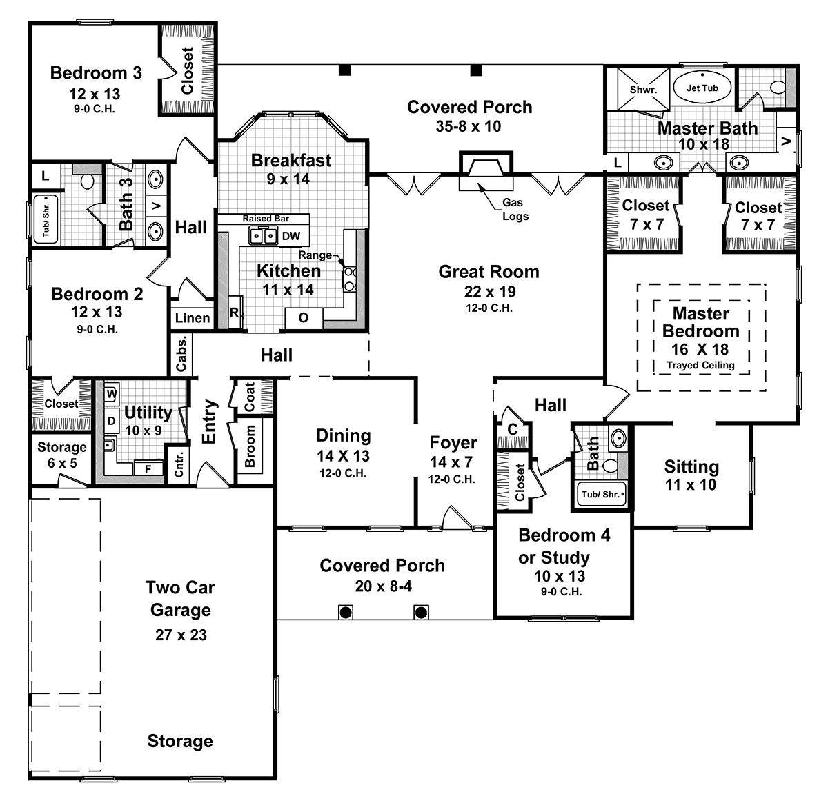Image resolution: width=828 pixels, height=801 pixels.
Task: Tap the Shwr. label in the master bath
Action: [x=643, y=90]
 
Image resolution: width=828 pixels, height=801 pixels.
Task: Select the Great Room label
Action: [x=489, y=272]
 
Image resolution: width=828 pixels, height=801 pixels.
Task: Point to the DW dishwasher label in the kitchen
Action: [x=291, y=236]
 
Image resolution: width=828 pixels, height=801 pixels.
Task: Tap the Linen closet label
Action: [x=192, y=318]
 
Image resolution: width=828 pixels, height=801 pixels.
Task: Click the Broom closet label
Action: [x=250, y=446]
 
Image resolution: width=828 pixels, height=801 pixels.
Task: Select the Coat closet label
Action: [x=250, y=397]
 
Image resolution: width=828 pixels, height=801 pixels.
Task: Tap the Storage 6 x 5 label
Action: [x=62, y=455]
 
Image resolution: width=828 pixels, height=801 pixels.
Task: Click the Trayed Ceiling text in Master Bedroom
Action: [x=700, y=366]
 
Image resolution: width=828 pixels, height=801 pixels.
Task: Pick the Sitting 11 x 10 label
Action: [x=691, y=475]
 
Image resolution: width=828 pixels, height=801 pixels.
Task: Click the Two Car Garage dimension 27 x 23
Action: [x=180, y=635]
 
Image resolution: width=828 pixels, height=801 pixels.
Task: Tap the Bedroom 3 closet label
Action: [x=188, y=70]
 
